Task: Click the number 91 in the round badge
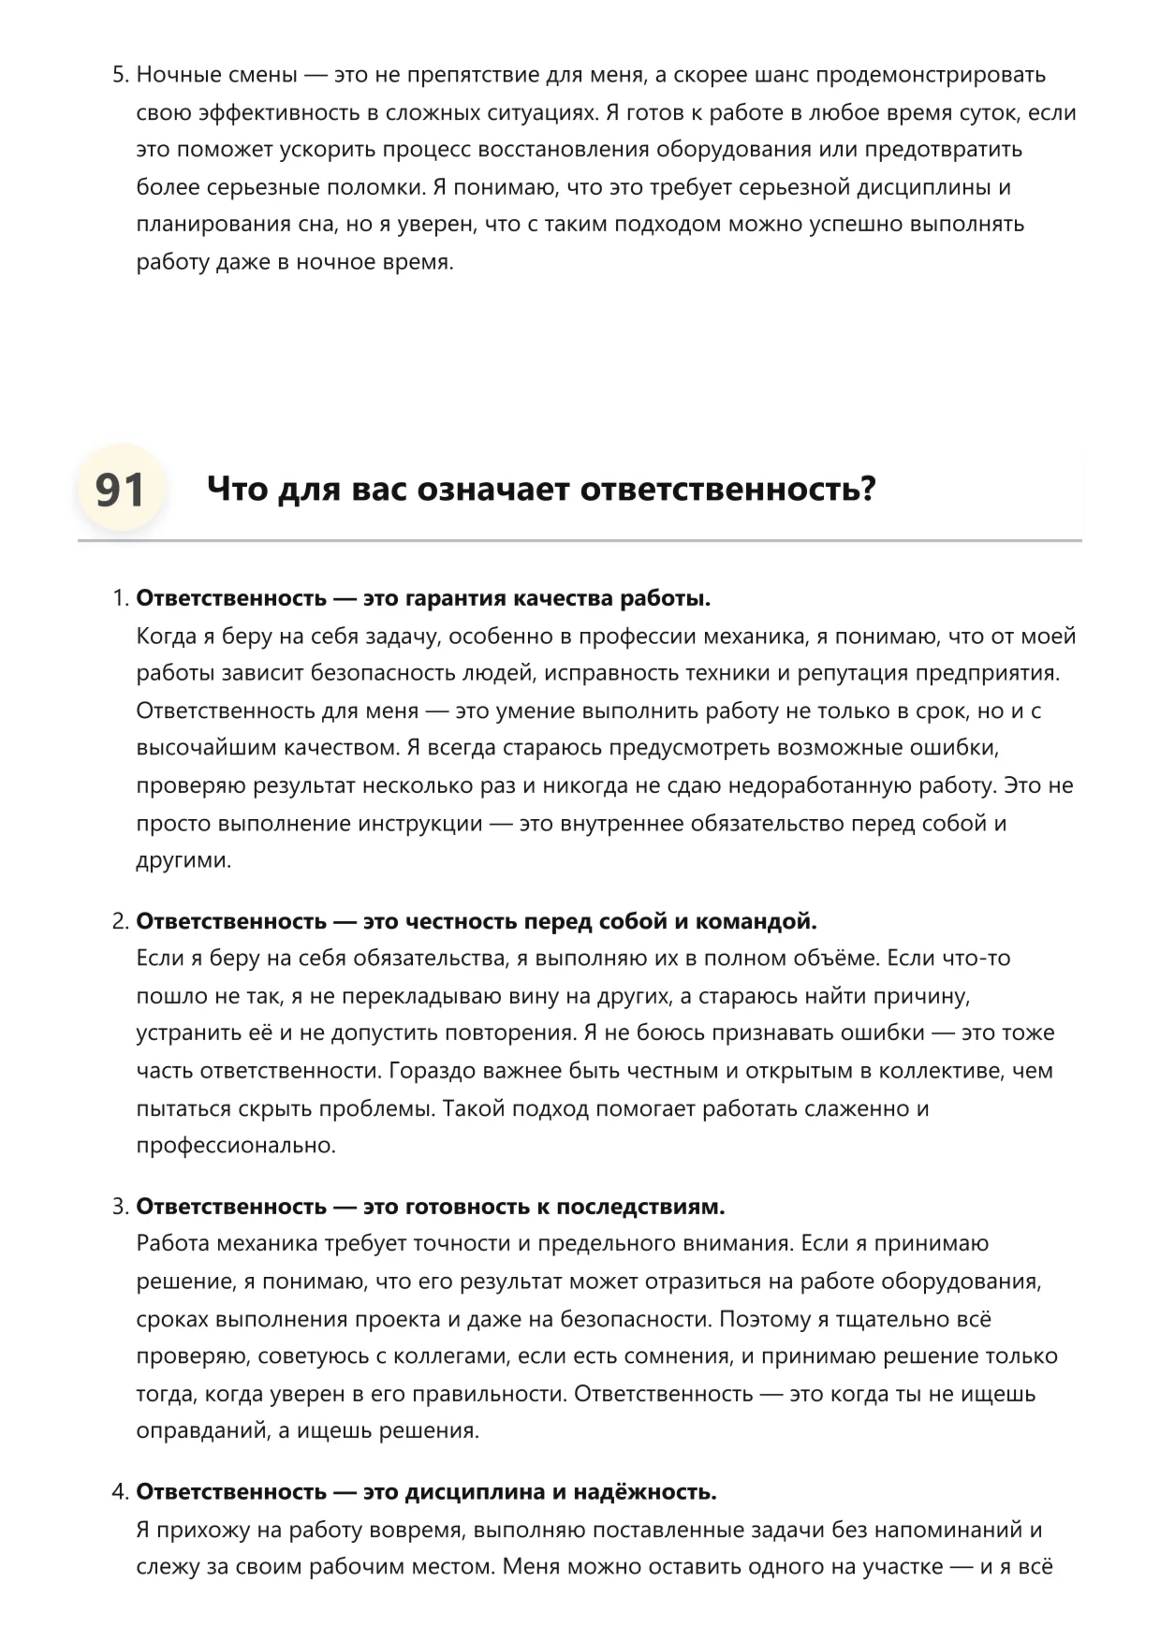(120, 490)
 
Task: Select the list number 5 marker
(120, 75)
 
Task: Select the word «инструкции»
(422, 824)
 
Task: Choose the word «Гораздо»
(430, 1071)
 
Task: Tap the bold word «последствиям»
(640, 1207)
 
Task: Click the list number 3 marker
(120, 1207)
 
